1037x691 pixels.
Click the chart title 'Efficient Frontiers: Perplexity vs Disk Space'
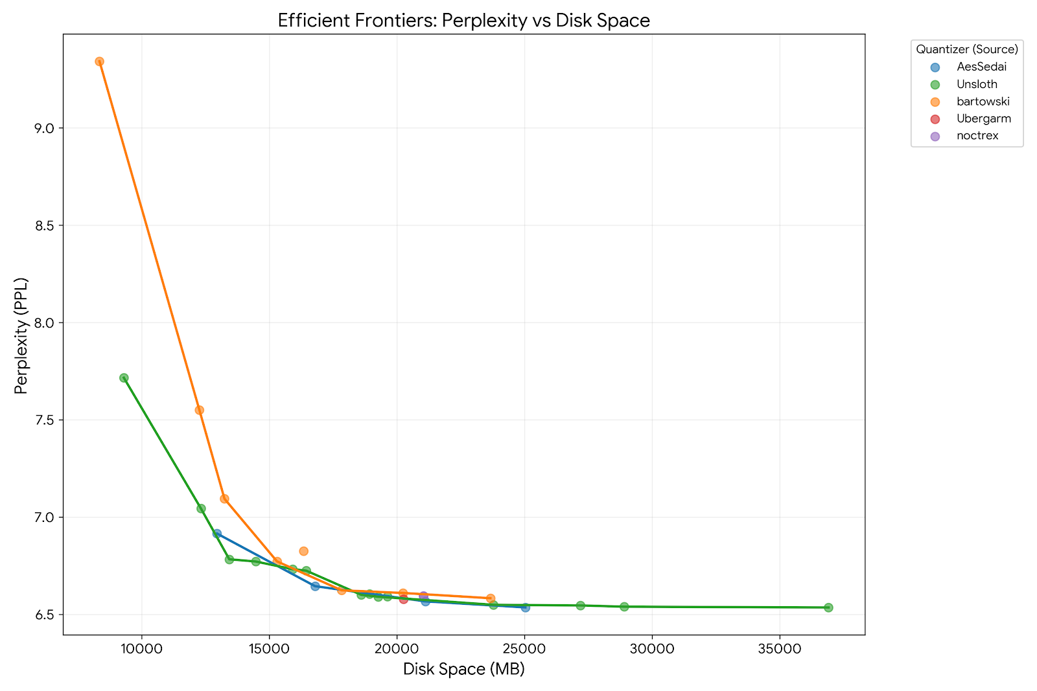point(463,21)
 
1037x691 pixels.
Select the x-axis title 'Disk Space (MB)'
point(463,669)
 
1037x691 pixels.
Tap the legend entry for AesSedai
point(981,67)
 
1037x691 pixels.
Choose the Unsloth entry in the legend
point(977,84)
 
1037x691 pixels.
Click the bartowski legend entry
point(983,102)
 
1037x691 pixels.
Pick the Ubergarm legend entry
point(983,119)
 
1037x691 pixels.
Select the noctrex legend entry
point(977,136)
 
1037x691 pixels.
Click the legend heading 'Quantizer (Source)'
point(966,49)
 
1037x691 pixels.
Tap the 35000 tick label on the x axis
point(778,648)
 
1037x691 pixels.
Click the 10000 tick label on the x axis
point(142,648)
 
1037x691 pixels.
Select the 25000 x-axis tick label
point(524,648)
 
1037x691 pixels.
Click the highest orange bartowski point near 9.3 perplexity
point(99,62)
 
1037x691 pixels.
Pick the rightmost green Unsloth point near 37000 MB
point(828,607)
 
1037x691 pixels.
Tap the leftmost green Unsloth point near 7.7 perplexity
point(124,378)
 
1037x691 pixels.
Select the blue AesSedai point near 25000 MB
point(526,607)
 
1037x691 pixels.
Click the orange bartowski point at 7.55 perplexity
point(200,410)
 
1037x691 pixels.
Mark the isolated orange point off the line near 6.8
point(303,551)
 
